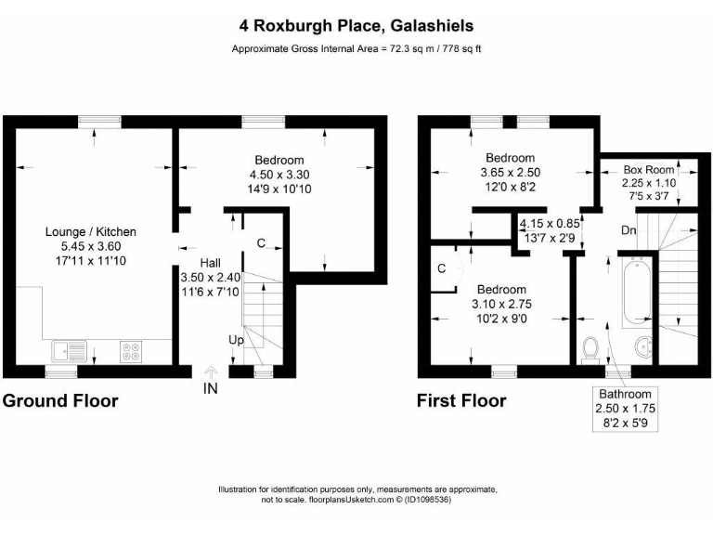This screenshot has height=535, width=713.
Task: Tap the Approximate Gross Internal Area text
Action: pos(356,50)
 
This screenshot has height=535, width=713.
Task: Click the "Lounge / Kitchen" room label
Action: pos(91,232)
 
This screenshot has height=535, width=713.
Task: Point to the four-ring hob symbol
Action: pos(131,351)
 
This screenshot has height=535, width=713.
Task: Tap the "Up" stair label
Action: pos(236,341)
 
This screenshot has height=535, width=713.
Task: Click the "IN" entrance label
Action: pos(210,389)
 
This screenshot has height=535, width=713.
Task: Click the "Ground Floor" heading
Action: pos(60,401)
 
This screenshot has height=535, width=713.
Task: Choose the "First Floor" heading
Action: pos(461,401)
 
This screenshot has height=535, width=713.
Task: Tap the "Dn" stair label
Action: pos(628,228)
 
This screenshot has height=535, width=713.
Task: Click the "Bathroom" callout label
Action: pos(630,394)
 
